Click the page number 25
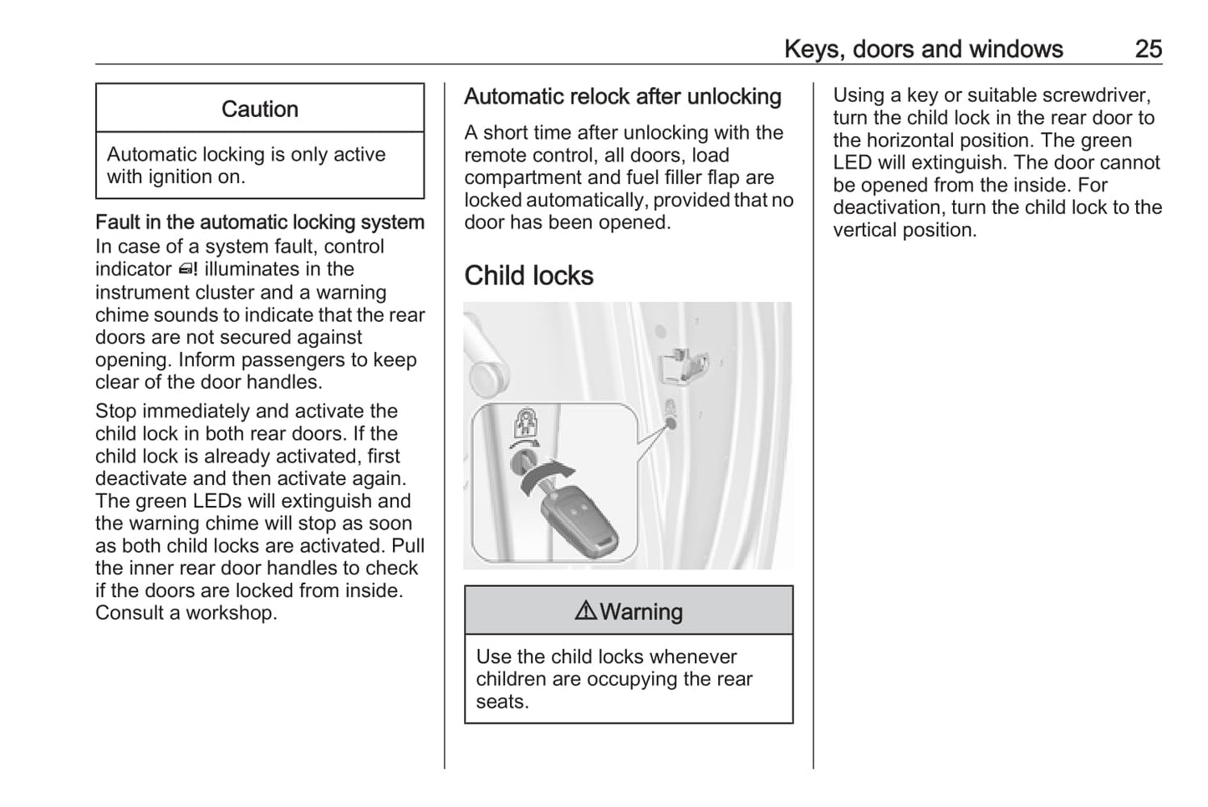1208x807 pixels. point(1148,49)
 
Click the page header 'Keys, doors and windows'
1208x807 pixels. point(923,49)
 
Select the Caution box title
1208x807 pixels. point(259,109)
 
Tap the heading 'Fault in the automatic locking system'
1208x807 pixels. point(259,222)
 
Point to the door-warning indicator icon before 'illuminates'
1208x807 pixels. point(188,269)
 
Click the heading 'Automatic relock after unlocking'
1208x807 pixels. point(622,97)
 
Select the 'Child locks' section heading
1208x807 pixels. point(528,276)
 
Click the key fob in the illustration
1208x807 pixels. point(581,518)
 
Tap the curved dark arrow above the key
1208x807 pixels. point(543,474)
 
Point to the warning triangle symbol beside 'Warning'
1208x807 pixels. point(585,611)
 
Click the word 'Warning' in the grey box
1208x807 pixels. point(641,612)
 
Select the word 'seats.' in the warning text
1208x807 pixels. point(502,702)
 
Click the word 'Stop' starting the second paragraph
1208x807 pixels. point(114,411)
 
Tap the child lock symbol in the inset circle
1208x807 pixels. point(524,421)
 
